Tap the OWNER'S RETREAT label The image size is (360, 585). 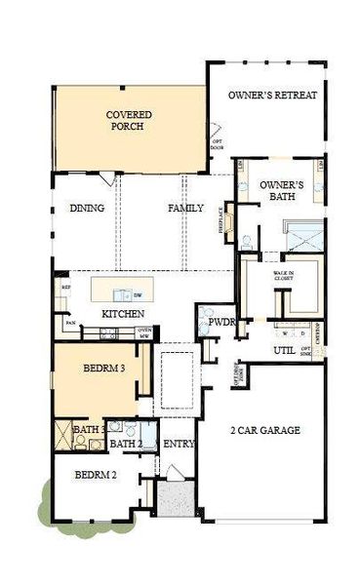point(273,96)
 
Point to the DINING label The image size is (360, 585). point(87,209)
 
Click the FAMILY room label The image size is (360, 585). point(184,209)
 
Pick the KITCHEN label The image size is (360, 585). point(124,314)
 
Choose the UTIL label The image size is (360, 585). point(284,349)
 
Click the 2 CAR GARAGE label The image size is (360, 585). point(264,430)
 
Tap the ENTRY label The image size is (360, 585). point(179,445)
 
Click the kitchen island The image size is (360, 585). point(122,292)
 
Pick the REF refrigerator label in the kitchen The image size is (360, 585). point(66,288)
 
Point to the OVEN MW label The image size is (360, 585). point(143,333)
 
